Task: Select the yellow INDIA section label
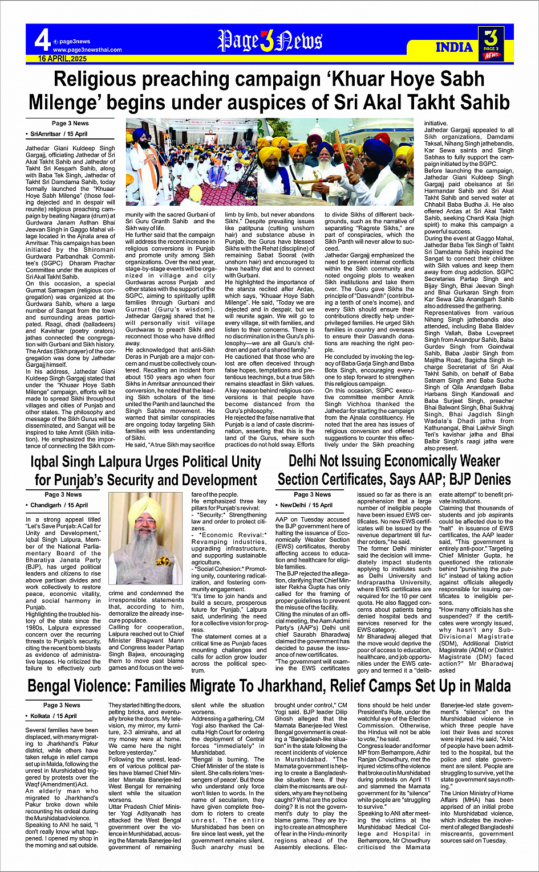coord(454,47)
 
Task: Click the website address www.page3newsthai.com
coord(87,50)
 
